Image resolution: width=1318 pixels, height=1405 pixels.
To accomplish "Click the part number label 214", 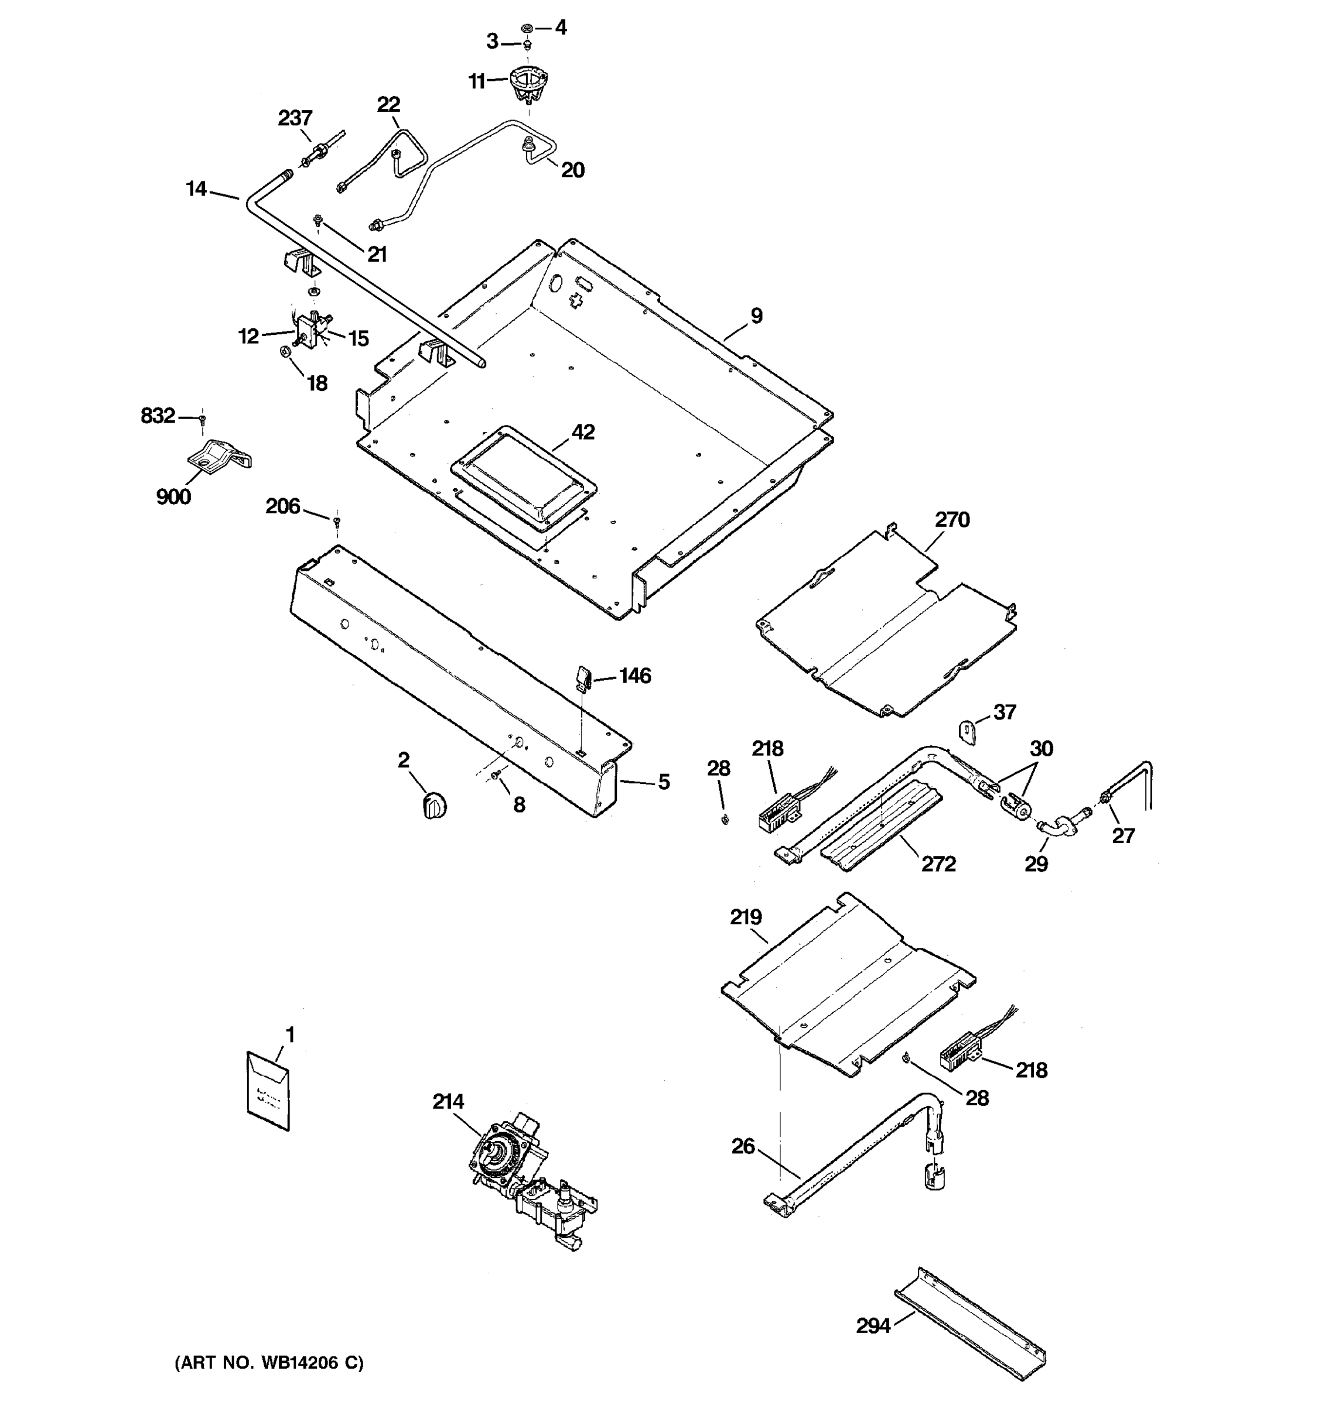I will coord(448,1101).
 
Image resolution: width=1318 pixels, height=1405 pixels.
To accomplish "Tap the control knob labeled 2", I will coord(434,805).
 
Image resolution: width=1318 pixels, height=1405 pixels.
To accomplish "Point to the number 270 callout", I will coord(952,519).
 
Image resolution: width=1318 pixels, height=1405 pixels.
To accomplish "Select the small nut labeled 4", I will coord(527,28).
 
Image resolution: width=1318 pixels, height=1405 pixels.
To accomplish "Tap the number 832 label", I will coord(158,416).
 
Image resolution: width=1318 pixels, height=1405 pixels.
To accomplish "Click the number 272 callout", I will coord(938,863).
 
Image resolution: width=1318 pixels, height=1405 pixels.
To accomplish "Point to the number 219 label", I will coord(745,917).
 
